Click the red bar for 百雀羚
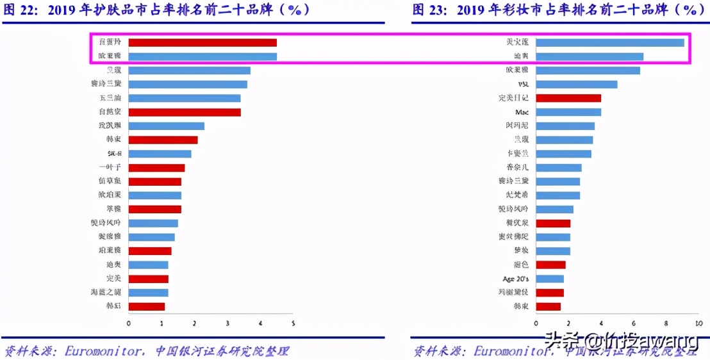click(202, 42)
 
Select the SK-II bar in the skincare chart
click(160, 154)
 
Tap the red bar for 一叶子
click(156, 168)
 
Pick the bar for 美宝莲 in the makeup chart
click(609, 42)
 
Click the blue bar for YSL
click(576, 84)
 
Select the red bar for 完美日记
click(568, 98)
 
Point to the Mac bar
click(568, 112)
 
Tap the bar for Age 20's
click(549, 279)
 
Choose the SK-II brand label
click(114, 154)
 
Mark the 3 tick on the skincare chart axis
click(227, 323)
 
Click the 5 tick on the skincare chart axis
click(293, 323)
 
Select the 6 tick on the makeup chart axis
click(634, 323)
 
